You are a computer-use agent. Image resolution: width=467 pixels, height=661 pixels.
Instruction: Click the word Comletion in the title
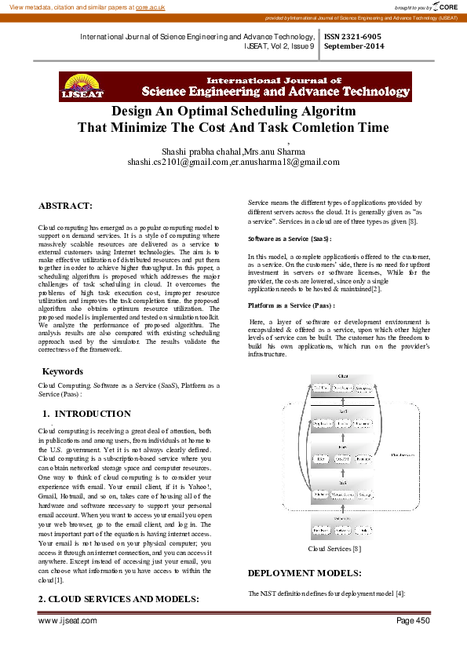coord(298,127)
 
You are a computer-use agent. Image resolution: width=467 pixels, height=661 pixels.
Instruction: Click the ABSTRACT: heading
coord(65,206)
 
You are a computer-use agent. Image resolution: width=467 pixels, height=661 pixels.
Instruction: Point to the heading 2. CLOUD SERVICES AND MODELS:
coord(118,598)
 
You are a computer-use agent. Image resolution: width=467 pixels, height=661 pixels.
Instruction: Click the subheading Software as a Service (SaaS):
coord(289,237)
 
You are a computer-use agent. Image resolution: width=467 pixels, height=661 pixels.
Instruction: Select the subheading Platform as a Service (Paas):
coord(291,305)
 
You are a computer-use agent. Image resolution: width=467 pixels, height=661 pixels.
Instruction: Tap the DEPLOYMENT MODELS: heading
coord(304,573)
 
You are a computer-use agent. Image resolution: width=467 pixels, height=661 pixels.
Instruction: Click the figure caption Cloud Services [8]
coord(334,549)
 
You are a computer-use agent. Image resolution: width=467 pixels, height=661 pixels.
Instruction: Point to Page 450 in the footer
coord(413,620)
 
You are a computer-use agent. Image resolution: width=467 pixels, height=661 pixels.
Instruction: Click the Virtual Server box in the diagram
coord(342,495)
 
